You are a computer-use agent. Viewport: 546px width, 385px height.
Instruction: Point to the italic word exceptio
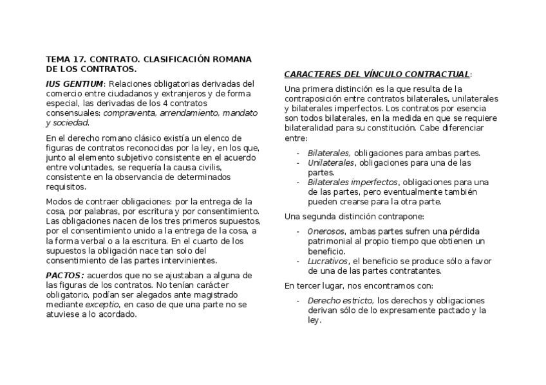102,305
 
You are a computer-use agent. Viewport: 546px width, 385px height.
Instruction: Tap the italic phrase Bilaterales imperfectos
352,182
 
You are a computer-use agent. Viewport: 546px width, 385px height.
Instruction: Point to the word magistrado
220,295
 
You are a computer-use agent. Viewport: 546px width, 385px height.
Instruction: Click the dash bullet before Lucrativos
298,261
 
